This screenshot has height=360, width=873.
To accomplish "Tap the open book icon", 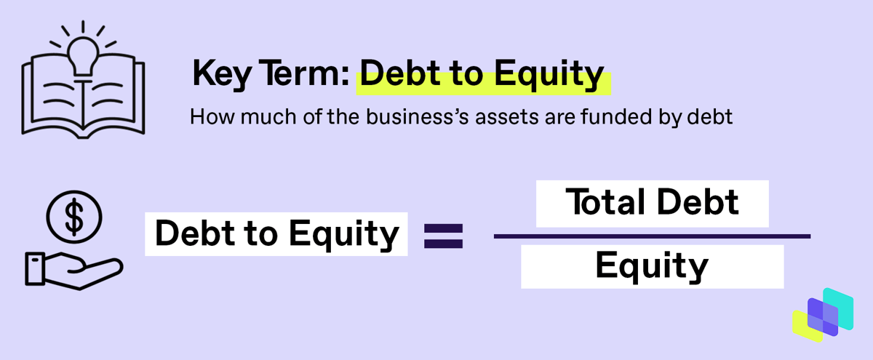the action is pos(83,97).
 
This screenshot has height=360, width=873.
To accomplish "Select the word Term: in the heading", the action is pos(304,73).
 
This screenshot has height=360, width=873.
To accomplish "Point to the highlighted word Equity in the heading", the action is pos(549,74).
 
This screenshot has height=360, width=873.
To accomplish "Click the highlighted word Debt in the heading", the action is pos(400,73).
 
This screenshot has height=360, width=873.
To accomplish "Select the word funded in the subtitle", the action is pos(616,117).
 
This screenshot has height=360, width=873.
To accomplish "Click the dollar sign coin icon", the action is pos(74,217).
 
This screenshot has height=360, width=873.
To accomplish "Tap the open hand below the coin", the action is pos(74,271).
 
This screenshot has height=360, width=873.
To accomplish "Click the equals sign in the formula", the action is pos(444,236).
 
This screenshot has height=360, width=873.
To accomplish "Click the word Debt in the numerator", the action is pos(698,202).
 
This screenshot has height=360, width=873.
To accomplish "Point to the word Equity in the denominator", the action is pos(652,266).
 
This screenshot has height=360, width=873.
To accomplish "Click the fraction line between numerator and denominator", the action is pos(652,236).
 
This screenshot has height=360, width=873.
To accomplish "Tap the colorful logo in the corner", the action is pos(823,315).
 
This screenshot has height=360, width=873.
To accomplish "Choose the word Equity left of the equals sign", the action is pos(343,234).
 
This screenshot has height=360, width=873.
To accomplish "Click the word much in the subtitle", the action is pos(268,117).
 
